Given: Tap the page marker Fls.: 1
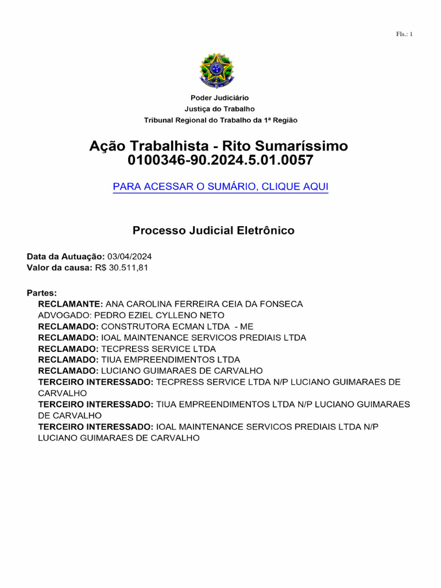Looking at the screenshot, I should coord(404,34).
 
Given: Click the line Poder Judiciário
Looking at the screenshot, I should coord(220,98).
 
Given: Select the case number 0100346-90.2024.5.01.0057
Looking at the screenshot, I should coord(220,161).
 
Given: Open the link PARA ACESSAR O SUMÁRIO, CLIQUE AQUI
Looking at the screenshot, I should coord(220,187).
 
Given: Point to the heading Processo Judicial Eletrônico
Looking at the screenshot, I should coord(214,231).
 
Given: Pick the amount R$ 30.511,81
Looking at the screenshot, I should coord(121,268).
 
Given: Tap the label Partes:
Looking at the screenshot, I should coord(42,293).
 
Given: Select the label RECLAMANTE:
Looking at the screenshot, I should coord(70,304).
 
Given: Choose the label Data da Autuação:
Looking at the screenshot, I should coord(65,257).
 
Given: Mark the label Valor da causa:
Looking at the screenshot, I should coord(59,268).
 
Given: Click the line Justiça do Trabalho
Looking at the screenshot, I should coord(220,109).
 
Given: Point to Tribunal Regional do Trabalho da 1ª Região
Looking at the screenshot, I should coord(220,120).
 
